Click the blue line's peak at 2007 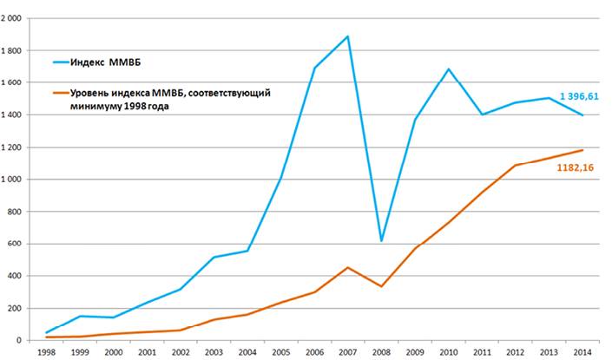(x=348, y=36)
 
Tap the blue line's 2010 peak (x=449, y=69)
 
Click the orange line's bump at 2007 (x=348, y=267)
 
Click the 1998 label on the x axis (x=47, y=351)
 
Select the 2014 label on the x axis (x=583, y=351)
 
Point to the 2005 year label (x=281, y=351)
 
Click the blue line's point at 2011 (x=483, y=115)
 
